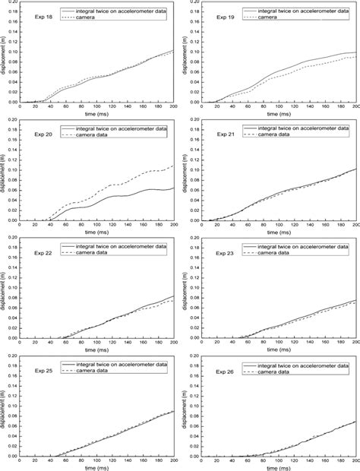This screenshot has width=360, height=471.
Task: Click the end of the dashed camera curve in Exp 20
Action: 174,166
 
